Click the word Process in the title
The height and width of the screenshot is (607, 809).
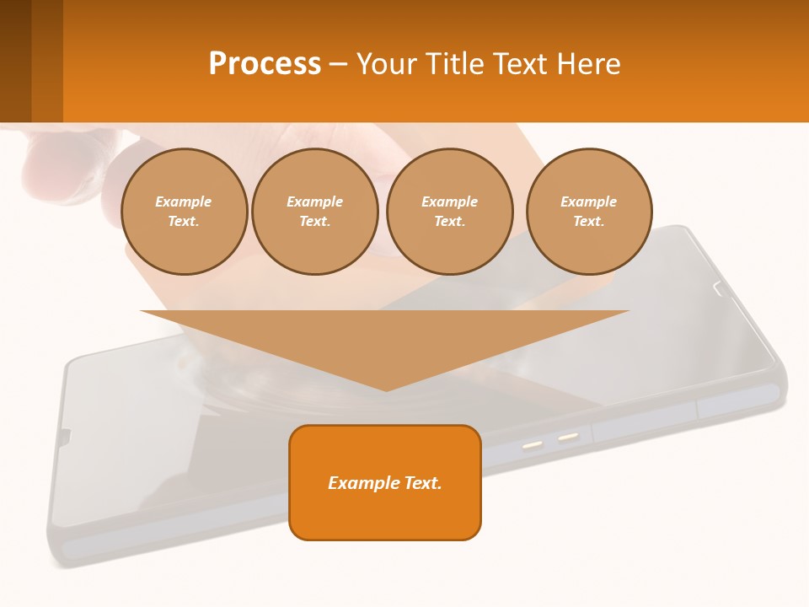pos(265,64)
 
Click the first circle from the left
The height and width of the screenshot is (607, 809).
pos(184,212)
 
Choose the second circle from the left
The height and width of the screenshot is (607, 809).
pos(314,212)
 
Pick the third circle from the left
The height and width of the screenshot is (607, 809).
pos(449,212)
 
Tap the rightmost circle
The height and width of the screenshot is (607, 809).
pos(588,212)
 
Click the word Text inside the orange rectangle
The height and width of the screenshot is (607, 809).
pos(423,483)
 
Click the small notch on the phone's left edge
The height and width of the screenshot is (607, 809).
pos(64,435)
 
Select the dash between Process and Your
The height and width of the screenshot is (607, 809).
pos(339,64)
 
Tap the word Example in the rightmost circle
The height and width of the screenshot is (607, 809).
pos(588,201)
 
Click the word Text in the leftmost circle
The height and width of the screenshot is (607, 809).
pos(183,221)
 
